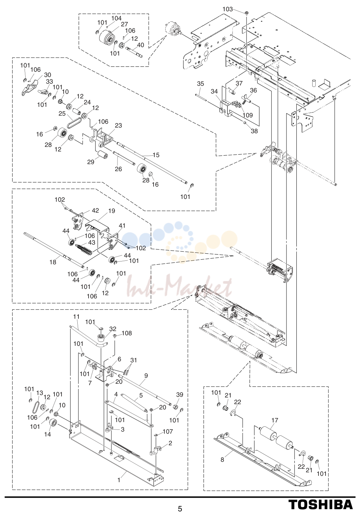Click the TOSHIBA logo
point(320,504)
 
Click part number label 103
point(228,9)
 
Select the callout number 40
point(140,45)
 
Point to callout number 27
point(124,24)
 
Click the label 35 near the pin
point(201,84)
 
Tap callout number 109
point(247,115)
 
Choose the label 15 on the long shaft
point(156,155)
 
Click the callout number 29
point(91,162)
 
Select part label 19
point(111,211)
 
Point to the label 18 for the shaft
point(53,262)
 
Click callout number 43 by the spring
point(92,242)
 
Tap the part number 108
point(127,333)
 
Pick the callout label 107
point(168,431)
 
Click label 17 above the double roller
point(275,420)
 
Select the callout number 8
point(222,460)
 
